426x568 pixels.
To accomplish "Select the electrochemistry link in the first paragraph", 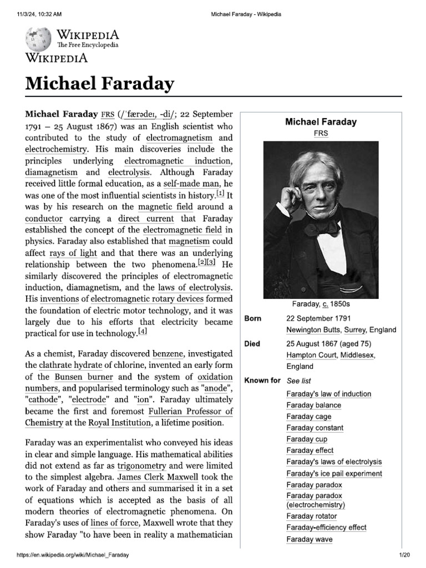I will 56,149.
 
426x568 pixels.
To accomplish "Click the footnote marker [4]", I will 143,332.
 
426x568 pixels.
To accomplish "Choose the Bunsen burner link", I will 80,377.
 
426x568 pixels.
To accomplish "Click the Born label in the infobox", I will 253,318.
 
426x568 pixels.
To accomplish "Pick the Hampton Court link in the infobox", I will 311,355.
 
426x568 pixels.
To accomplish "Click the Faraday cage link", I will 309,417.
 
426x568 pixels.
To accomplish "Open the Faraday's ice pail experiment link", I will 334,473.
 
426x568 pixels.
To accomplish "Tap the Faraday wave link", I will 310,539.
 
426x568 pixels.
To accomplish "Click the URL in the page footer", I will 77,555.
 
